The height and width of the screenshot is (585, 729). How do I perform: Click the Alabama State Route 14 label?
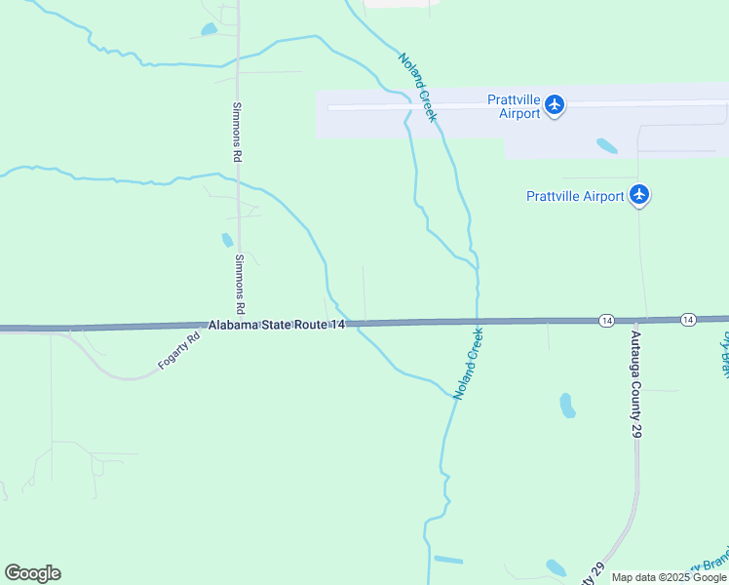[277, 325]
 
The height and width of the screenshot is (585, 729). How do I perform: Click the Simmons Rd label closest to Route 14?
[240, 283]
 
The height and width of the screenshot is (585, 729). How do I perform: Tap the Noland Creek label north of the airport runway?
[417, 87]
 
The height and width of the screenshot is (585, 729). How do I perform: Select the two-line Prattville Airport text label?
[514, 106]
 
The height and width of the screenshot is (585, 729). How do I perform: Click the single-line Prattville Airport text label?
[575, 196]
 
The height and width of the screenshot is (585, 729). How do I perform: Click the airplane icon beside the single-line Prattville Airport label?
[639, 195]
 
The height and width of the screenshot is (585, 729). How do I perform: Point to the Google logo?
[32, 573]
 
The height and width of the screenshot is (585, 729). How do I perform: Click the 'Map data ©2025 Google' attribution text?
[670, 577]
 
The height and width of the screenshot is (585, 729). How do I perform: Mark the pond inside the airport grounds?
[606, 146]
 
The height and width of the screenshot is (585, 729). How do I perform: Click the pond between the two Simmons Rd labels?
[227, 240]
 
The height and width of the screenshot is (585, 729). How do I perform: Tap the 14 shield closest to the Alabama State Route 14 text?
[606, 320]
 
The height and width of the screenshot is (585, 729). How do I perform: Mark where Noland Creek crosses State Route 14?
[478, 321]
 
